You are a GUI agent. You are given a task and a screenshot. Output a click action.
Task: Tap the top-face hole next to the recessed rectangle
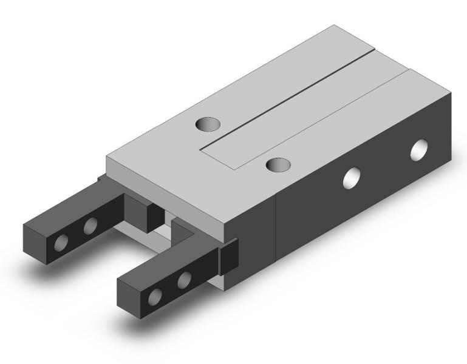[x=278, y=164]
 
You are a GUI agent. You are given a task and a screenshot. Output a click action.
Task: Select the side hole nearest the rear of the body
[x=420, y=149]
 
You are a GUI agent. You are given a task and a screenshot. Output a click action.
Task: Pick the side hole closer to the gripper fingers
[x=352, y=178]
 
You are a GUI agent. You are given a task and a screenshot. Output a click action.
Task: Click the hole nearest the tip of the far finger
[x=61, y=243]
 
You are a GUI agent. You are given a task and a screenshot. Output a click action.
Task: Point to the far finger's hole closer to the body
[x=90, y=227]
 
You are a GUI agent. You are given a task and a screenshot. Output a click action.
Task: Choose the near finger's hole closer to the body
[x=184, y=280]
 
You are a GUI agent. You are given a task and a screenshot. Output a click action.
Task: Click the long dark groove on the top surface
[x=291, y=97]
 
